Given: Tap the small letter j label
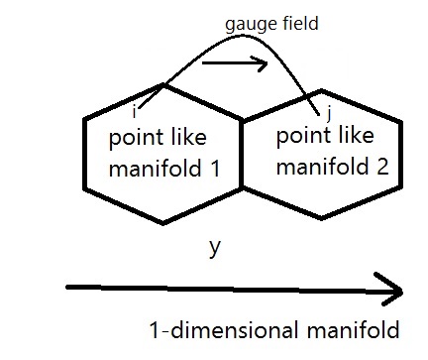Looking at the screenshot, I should [x=315, y=110].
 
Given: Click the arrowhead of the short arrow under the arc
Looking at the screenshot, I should [x=265, y=64].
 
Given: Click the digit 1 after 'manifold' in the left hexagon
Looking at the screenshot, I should [x=215, y=168].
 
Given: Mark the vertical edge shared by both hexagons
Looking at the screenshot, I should [x=243, y=154].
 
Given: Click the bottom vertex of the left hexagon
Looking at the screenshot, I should [x=163, y=222].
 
